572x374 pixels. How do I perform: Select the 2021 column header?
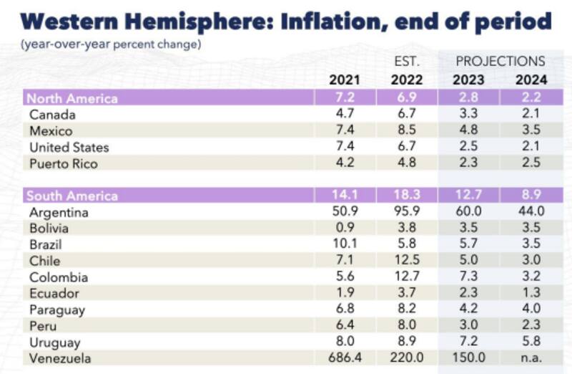344,79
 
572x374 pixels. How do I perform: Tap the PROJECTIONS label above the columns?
500,61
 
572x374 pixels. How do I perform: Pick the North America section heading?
71,98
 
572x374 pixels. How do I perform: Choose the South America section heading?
71,196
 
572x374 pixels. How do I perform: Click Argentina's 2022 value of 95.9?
405,213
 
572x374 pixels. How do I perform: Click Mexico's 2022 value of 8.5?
405,131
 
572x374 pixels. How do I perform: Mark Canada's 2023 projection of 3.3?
469,115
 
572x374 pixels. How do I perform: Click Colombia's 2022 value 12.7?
405,277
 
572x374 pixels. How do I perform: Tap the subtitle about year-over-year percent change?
110,45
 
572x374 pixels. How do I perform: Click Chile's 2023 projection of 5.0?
469,262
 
